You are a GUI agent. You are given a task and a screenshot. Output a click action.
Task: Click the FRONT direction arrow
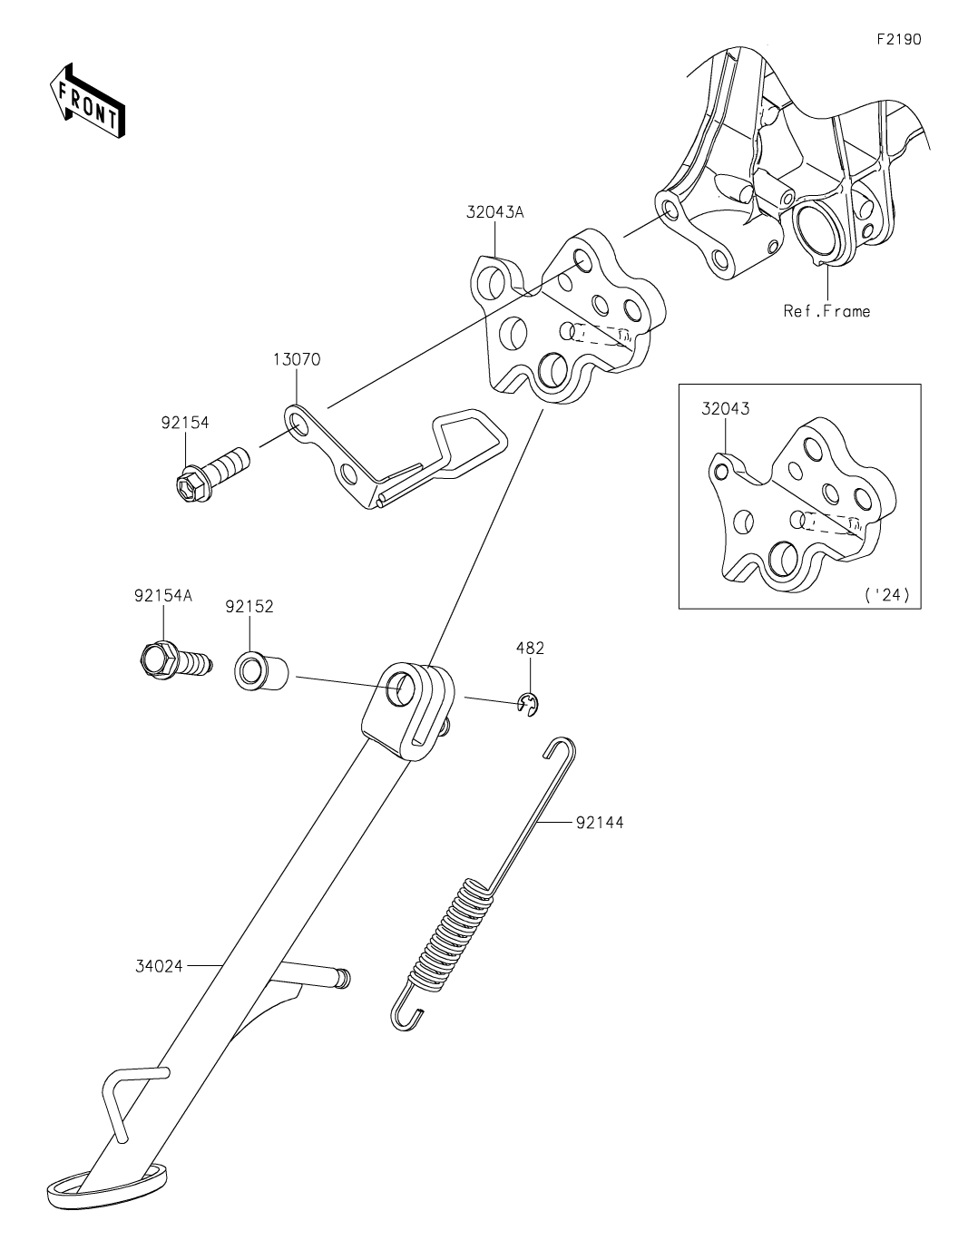[87, 99]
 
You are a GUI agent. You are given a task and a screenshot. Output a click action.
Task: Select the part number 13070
[296, 360]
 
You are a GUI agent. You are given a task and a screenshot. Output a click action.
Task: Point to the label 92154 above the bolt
[185, 422]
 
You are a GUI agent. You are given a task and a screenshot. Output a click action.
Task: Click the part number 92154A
[164, 597]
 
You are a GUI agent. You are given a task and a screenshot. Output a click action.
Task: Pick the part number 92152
[249, 606]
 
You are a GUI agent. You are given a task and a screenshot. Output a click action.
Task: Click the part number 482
[530, 649]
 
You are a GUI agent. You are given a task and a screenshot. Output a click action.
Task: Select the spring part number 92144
[599, 823]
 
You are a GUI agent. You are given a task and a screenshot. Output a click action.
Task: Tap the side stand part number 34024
[160, 966]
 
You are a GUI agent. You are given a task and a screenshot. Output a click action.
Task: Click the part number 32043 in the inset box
[725, 408]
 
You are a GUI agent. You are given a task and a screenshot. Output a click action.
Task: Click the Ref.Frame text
[826, 311]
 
